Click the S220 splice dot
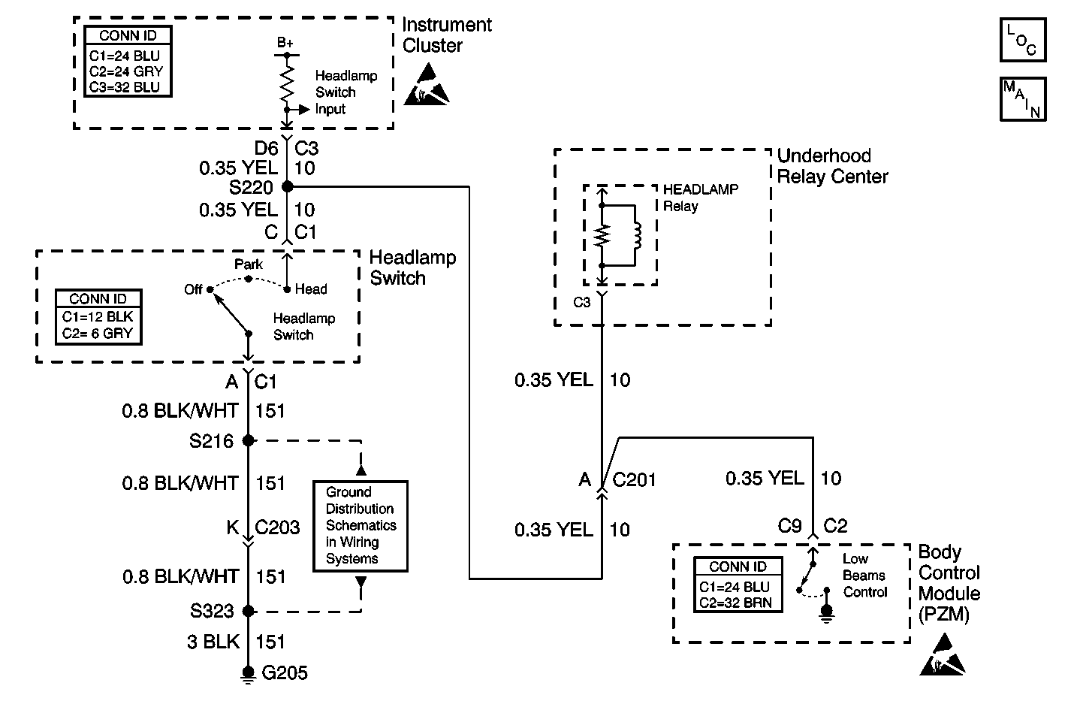[287, 186]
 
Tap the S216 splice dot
[249, 441]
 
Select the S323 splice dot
[249, 611]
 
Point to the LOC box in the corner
[1022, 40]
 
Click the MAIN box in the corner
[1022, 98]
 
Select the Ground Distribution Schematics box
[361, 526]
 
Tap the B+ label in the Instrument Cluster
[285, 44]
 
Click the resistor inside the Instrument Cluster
[286, 83]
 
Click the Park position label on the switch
[249, 264]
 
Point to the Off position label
[194, 289]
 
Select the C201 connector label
[635, 479]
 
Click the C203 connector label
[277, 527]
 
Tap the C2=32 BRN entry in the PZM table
[735, 603]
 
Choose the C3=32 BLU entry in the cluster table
[129, 87]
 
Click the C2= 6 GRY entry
[98, 334]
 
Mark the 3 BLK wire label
[213, 642]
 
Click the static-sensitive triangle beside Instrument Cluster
[427, 84]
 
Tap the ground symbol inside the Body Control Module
[827, 614]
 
